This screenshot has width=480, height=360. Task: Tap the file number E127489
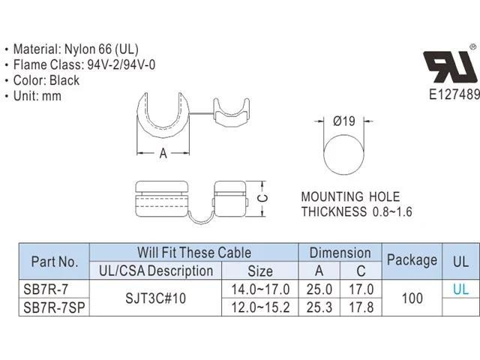(454, 94)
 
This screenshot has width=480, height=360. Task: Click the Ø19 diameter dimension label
(344, 121)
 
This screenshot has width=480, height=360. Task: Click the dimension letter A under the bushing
(163, 153)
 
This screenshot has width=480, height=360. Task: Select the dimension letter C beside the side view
(262, 198)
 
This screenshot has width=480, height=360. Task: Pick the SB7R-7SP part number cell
(54, 307)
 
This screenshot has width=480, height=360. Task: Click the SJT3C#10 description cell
(155, 298)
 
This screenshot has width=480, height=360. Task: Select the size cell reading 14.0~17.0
(260, 289)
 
